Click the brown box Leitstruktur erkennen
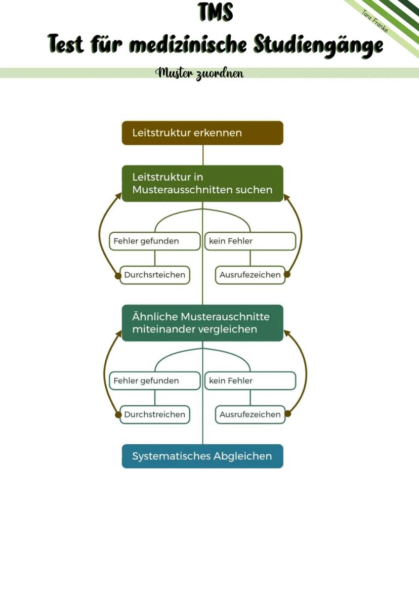pyautogui.click(x=202, y=133)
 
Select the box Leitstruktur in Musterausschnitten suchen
pyautogui.click(x=202, y=183)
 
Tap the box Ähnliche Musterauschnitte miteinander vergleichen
pyautogui.click(x=202, y=323)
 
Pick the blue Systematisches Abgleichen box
pyautogui.click(x=202, y=456)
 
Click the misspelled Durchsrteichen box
pyautogui.click(x=155, y=275)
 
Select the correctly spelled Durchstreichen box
pyautogui.click(x=155, y=414)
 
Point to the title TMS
pyautogui.click(x=216, y=12)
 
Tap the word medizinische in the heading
pyautogui.click(x=189, y=45)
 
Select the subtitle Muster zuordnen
pyautogui.click(x=200, y=73)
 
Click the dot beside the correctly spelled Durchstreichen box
pyautogui.click(x=118, y=414)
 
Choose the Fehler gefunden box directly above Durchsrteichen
pyautogui.click(x=155, y=241)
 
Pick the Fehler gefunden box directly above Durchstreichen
pyautogui.click(x=155, y=380)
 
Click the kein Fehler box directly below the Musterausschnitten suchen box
pyautogui.click(x=250, y=241)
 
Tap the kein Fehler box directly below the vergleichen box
pyautogui.click(x=250, y=380)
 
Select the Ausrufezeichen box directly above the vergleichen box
pyautogui.click(x=250, y=275)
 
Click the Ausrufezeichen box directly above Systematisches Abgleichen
pyautogui.click(x=250, y=414)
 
